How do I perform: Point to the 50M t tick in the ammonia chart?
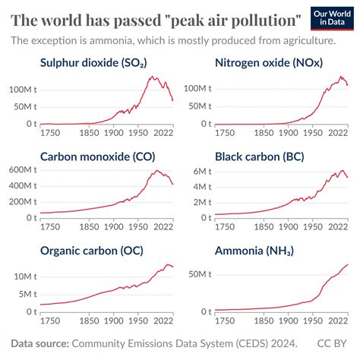point(199,273)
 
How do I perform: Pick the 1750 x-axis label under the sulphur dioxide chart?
point(50,134)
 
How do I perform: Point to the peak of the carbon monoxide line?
point(156,171)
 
